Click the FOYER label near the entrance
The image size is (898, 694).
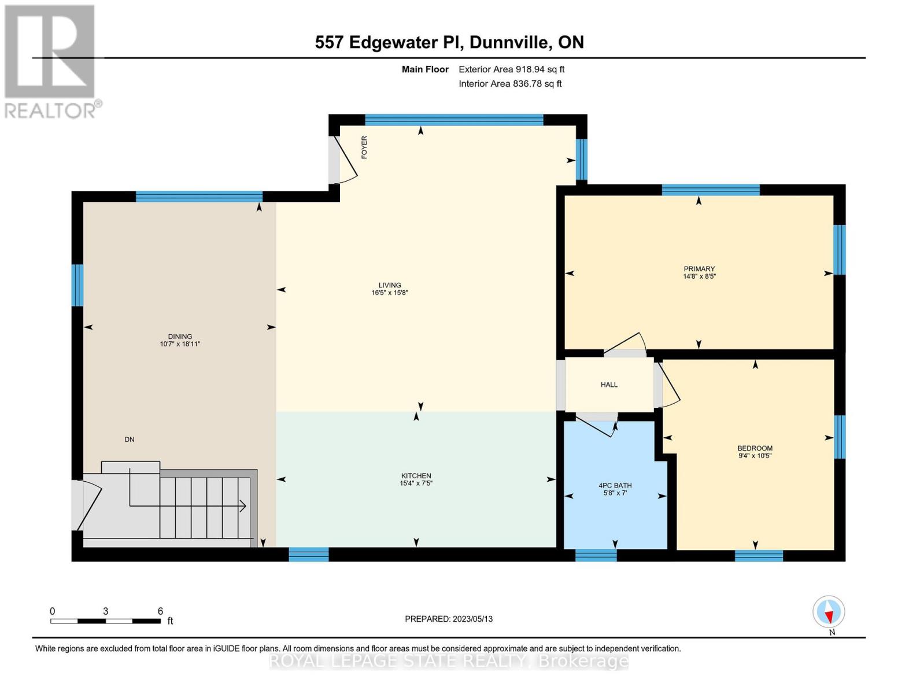[x=364, y=147]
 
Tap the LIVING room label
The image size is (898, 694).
[x=390, y=285]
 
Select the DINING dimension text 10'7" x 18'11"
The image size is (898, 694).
[x=180, y=344]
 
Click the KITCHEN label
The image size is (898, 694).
[x=416, y=476]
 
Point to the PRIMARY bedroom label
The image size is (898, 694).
[x=699, y=269]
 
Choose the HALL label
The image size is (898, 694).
[x=609, y=385]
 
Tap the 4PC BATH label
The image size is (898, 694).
[x=615, y=486]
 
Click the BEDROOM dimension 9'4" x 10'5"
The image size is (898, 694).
[x=755, y=456]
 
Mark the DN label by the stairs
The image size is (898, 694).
[x=130, y=440]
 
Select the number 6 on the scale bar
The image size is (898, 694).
[x=160, y=611]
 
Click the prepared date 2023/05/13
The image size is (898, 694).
[x=472, y=619]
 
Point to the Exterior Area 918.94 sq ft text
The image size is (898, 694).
[x=511, y=69]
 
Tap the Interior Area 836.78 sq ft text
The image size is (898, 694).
[x=510, y=84]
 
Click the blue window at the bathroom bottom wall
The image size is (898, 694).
[x=596, y=555]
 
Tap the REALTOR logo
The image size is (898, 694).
[x=51, y=61]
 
